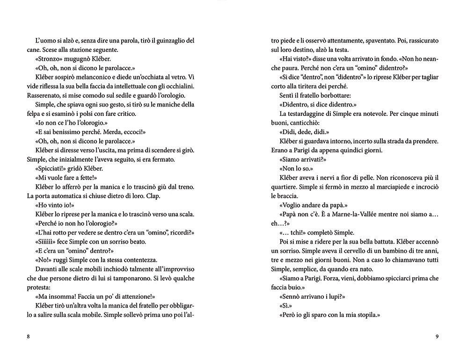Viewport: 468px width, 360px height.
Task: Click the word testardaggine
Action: (x=314, y=114)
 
